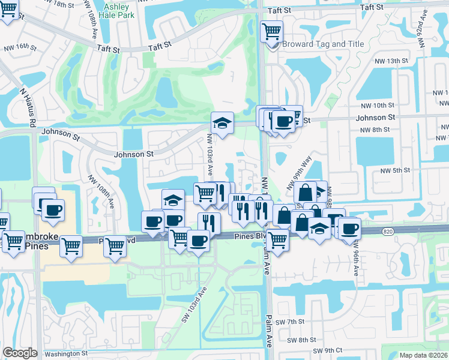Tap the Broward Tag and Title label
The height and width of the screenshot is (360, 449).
(x=322, y=44)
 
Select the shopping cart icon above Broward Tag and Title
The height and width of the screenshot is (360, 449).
(x=271, y=31)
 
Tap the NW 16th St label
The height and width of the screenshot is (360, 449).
(x=20, y=47)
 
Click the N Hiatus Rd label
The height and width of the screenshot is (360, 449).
(x=27, y=108)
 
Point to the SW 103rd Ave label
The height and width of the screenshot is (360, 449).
(x=190, y=306)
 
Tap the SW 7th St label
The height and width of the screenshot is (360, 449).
(x=304, y=322)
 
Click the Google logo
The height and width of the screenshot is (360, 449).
(x=20, y=353)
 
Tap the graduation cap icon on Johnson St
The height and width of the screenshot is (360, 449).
(x=222, y=123)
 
